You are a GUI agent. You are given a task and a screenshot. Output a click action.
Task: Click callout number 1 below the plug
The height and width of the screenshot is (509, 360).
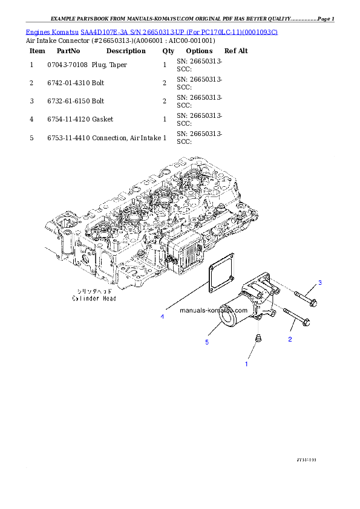[246, 365]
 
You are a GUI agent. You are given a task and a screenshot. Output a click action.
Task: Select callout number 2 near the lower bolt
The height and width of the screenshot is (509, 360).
[290, 339]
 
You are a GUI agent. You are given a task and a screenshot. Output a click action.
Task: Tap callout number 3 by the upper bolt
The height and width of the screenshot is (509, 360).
[320, 283]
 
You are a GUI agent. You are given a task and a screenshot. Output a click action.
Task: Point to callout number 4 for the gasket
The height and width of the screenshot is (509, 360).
[162, 316]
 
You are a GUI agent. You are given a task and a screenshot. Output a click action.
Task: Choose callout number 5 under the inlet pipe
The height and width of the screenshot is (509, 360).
[206, 342]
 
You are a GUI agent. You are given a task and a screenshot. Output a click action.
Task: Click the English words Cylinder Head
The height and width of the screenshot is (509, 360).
[94, 298]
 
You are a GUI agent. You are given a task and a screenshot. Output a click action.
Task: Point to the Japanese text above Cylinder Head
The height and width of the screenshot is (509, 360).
[94, 291]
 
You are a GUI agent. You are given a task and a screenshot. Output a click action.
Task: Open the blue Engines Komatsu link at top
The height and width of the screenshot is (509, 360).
[151, 31]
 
